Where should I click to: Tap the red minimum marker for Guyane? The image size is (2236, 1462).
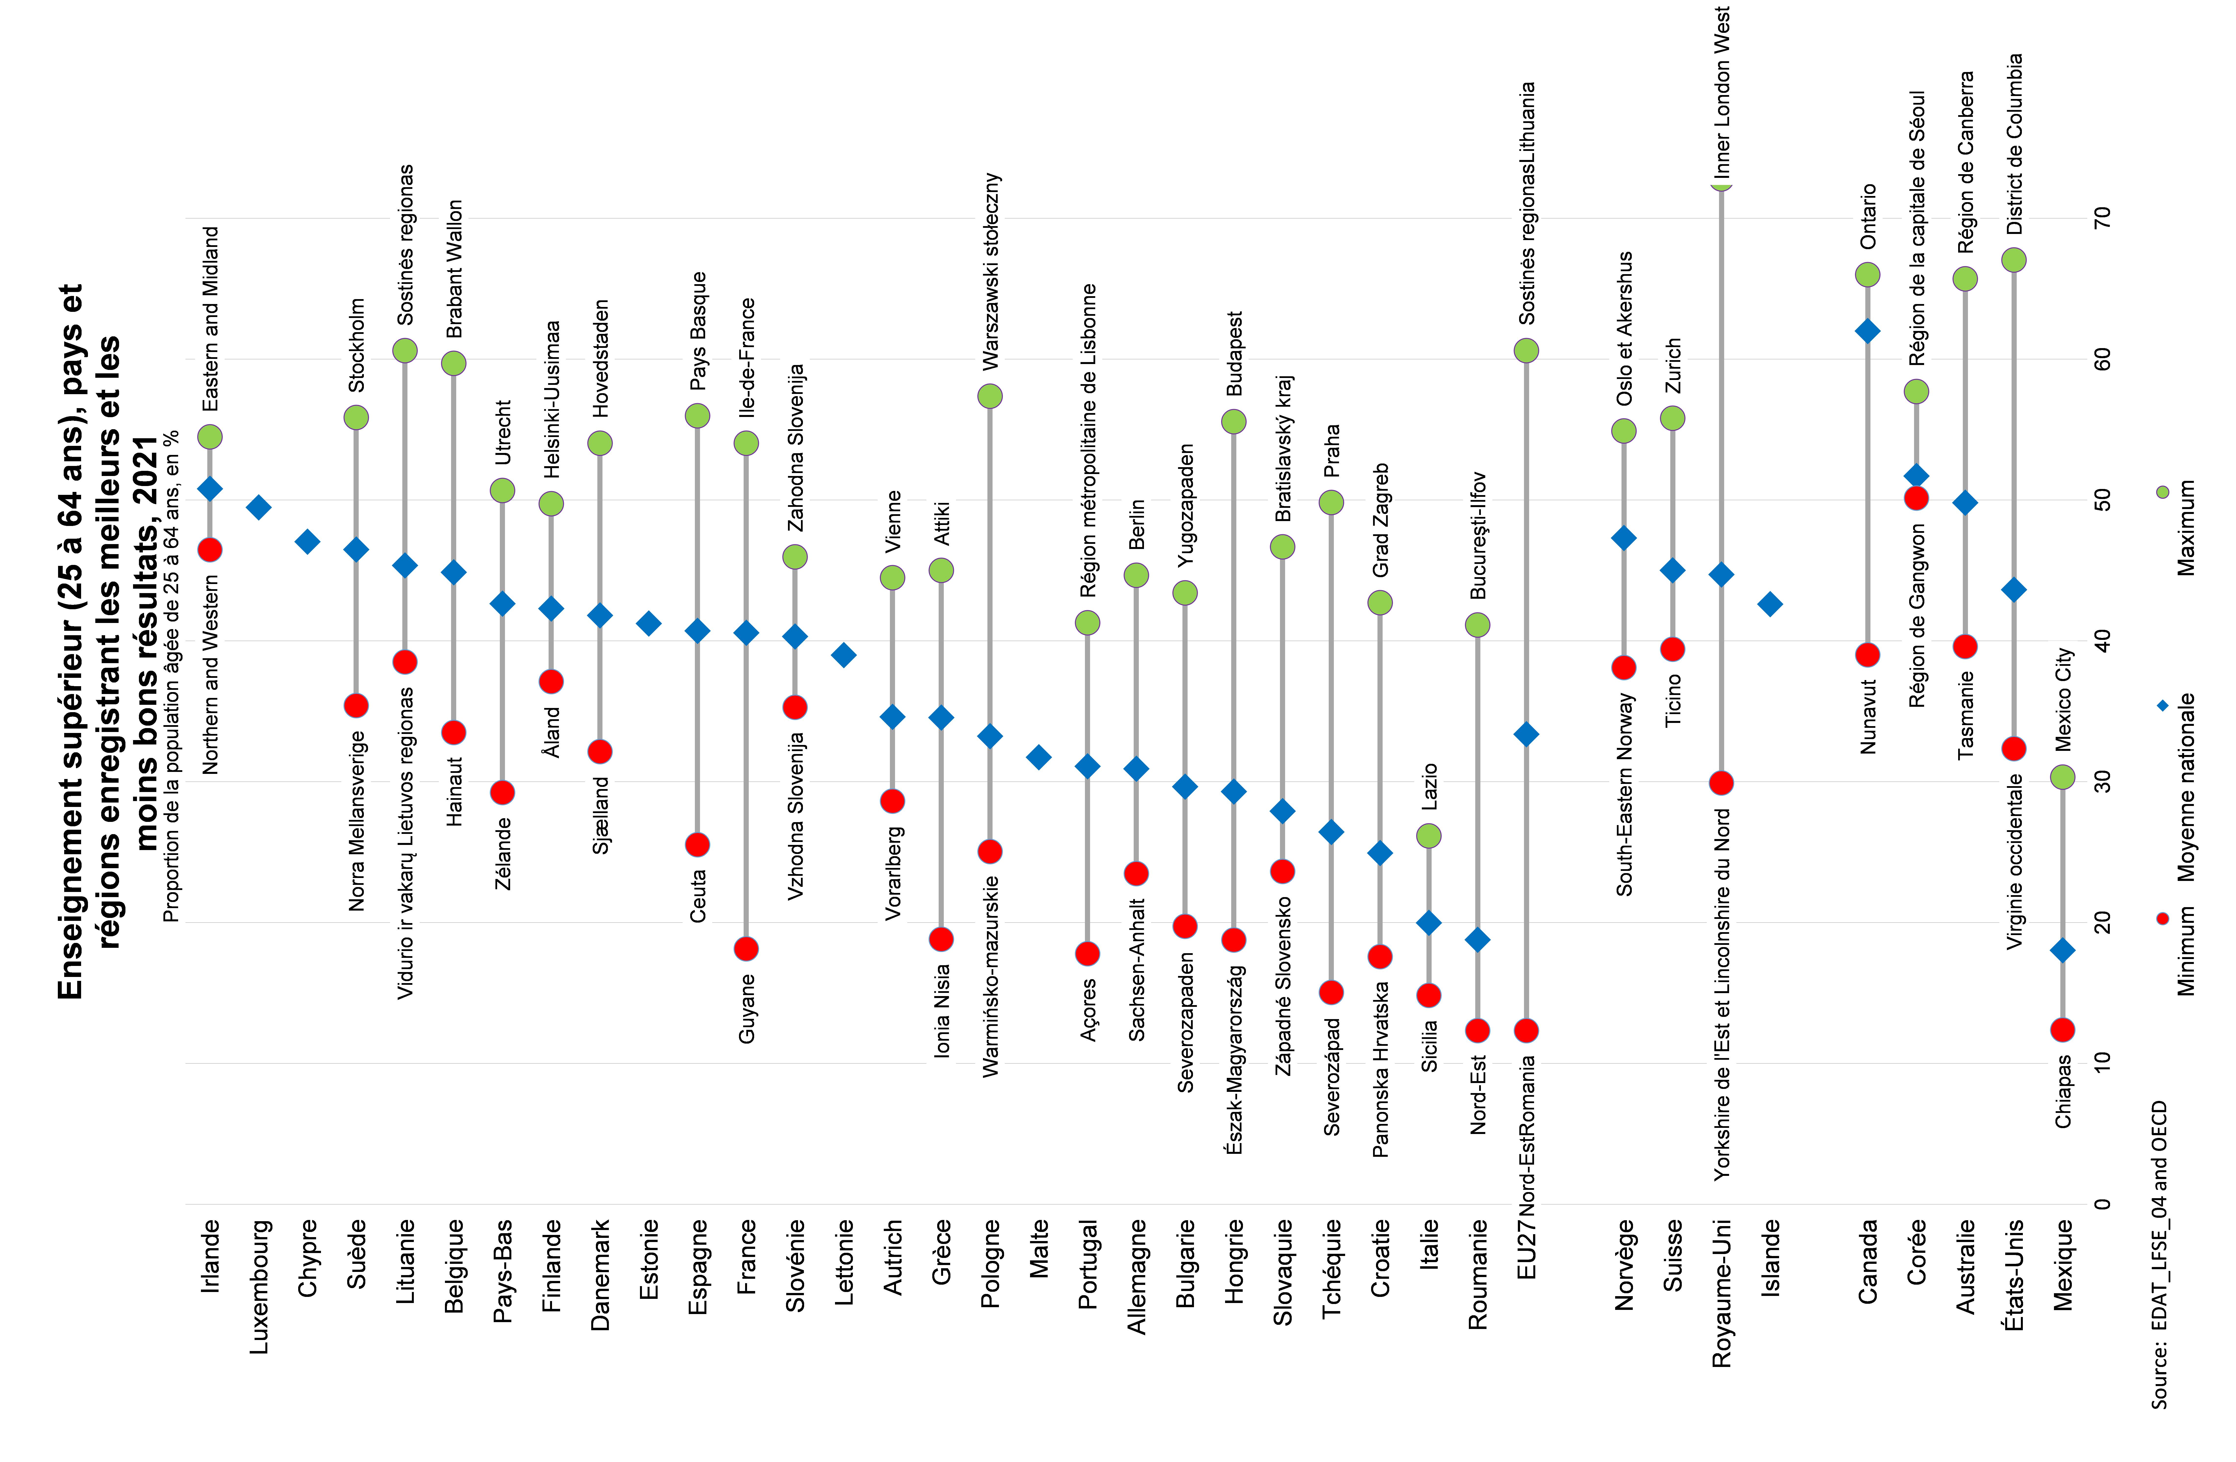coord(746,949)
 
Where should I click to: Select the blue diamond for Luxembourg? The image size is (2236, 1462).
coord(258,507)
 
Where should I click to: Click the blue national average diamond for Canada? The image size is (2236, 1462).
coord(1868,331)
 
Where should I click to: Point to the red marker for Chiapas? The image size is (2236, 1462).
coord(2062,1030)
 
